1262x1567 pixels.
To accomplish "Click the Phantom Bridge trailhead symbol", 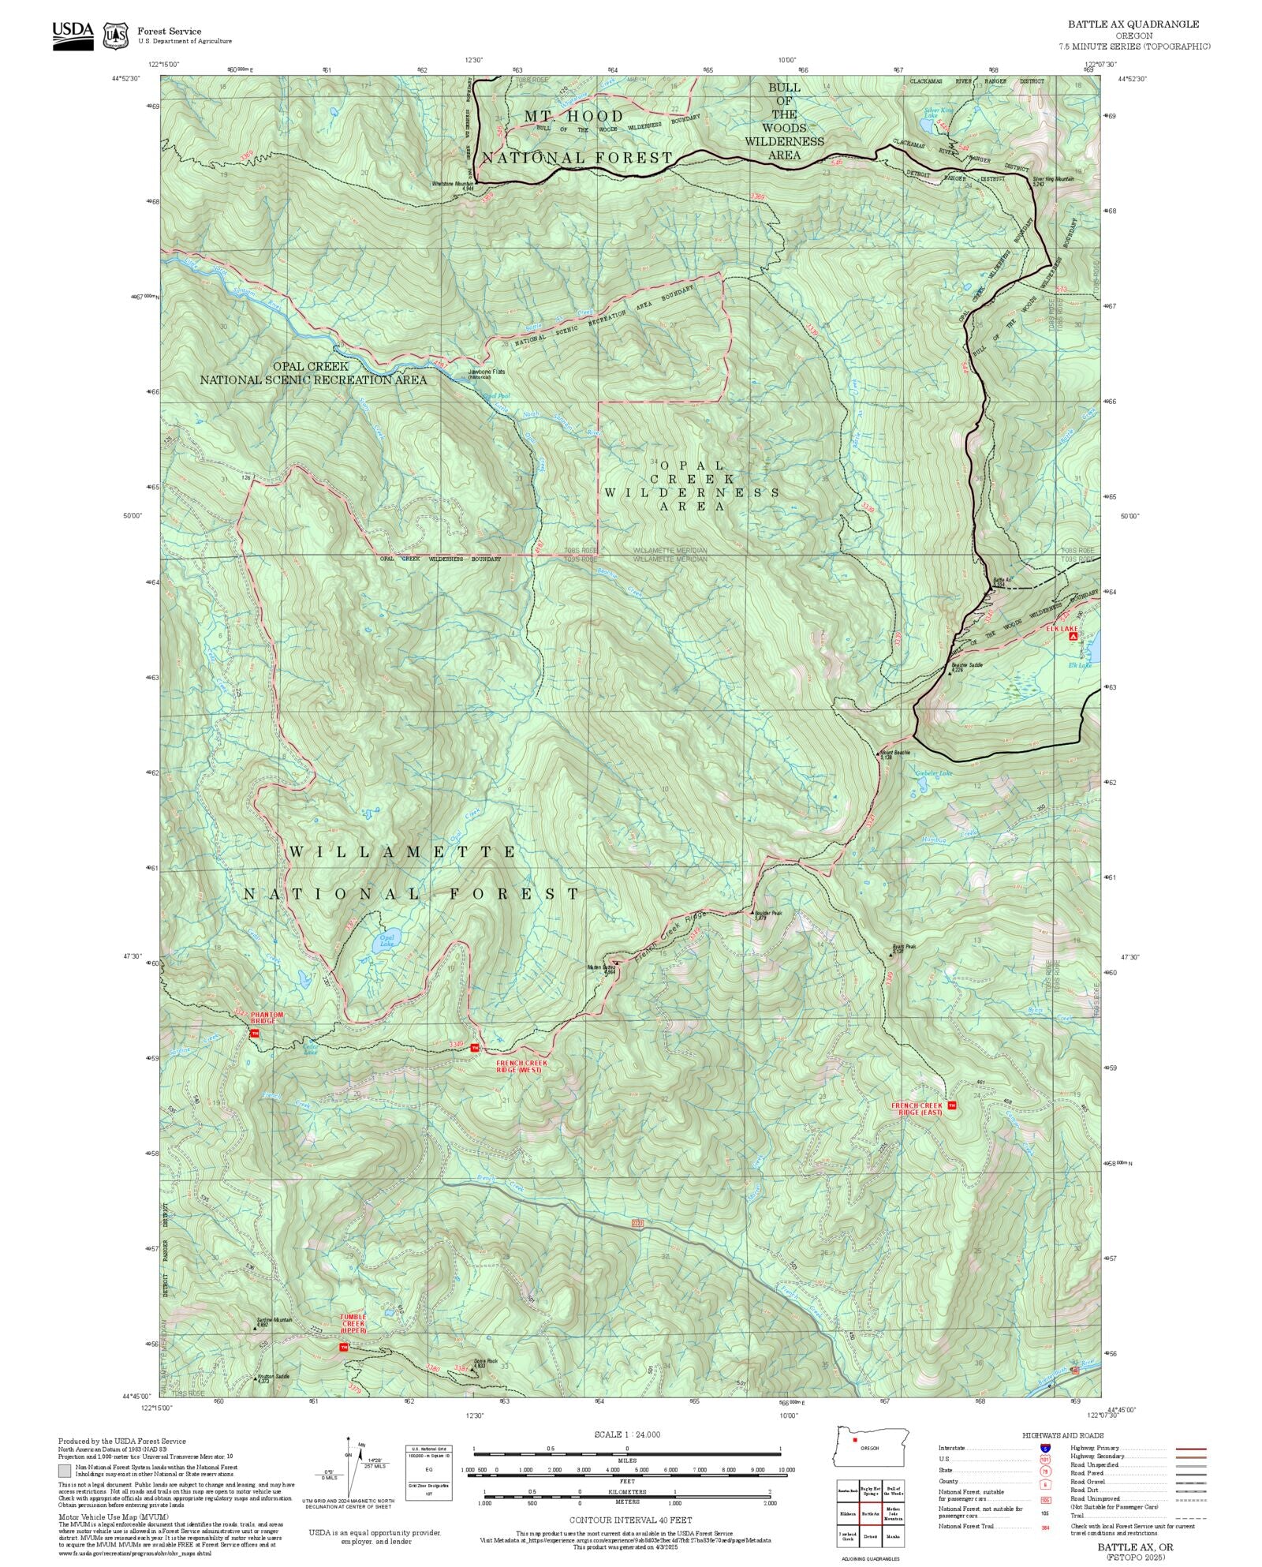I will (x=255, y=1032).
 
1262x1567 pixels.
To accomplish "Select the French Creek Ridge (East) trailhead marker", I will (x=952, y=1105).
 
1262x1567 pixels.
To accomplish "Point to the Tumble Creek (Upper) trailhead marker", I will (x=343, y=1347).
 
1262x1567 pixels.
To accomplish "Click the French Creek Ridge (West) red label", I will (x=520, y=1067).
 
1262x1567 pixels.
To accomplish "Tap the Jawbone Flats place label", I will (x=487, y=372).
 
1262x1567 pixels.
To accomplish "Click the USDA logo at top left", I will (x=73, y=36).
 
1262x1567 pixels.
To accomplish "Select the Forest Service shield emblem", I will (x=116, y=36).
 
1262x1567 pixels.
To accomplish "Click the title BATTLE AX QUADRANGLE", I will (x=1133, y=24).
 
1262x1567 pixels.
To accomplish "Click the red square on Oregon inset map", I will (x=854, y=1440).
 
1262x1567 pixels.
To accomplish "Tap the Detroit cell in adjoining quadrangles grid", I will (x=871, y=1536).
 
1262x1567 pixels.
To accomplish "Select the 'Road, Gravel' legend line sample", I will (x=1191, y=1482).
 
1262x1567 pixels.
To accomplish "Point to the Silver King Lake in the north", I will (x=928, y=124).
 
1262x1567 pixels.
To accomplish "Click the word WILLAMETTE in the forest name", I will (x=402, y=852).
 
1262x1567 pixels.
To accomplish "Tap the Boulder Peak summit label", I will (x=767, y=913).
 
